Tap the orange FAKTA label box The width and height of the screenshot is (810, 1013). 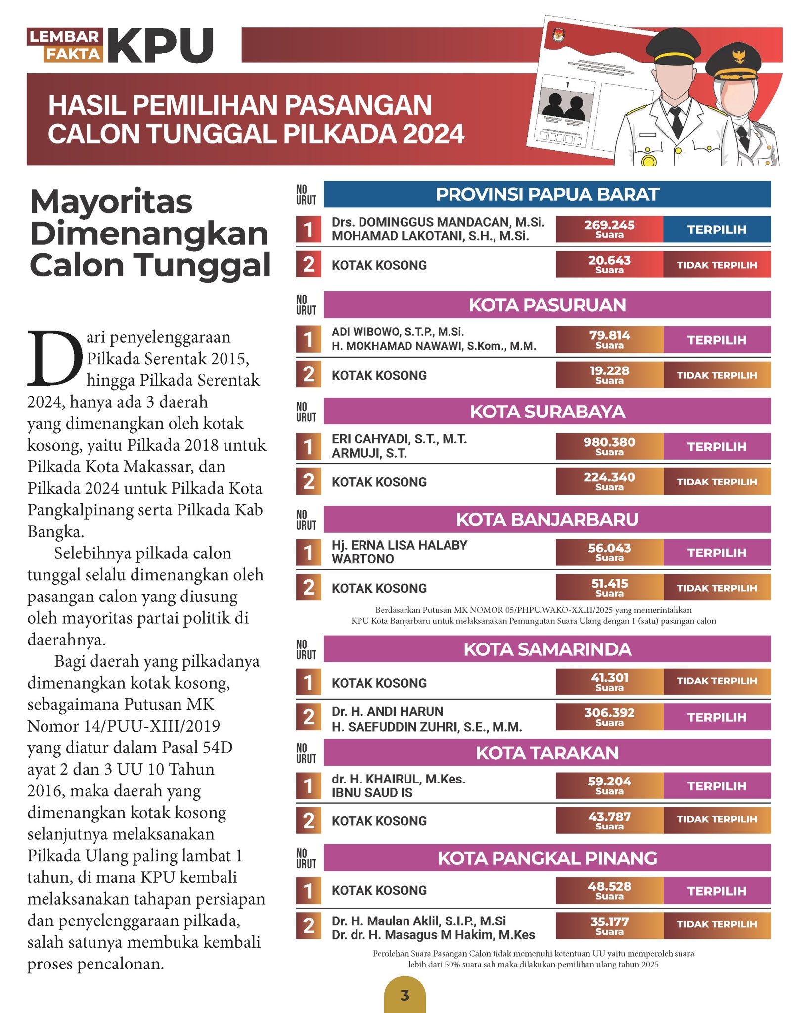pyautogui.click(x=73, y=54)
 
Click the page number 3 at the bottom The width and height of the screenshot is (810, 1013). pyautogui.click(x=405, y=995)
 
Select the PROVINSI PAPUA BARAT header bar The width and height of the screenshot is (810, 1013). pyautogui.click(x=547, y=194)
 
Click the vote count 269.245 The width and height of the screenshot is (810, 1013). pyautogui.click(x=609, y=226)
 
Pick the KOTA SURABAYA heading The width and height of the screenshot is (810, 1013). pyautogui.click(x=547, y=412)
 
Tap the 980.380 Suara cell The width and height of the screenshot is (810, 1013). pyautogui.click(x=609, y=446)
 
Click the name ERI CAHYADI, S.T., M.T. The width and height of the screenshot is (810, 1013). pyautogui.click(x=399, y=439)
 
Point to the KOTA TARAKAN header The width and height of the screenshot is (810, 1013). pyautogui.click(x=547, y=753)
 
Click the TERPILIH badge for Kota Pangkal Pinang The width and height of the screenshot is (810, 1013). pyautogui.click(x=717, y=891)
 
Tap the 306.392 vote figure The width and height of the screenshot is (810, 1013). pyautogui.click(x=609, y=713)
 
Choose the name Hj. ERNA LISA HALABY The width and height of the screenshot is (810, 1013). pyautogui.click(x=399, y=545)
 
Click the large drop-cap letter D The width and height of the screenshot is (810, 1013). pyautogui.click(x=54, y=358)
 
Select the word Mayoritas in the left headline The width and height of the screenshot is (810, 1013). pyautogui.click(x=111, y=202)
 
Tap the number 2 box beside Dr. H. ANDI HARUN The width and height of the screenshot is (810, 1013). pyautogui.click(x=309, y=717)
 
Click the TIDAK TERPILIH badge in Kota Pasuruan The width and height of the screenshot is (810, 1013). pyautogui.click(x=717, y=375)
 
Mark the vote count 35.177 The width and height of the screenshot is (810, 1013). pyautogui.click(x=609, y=922)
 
